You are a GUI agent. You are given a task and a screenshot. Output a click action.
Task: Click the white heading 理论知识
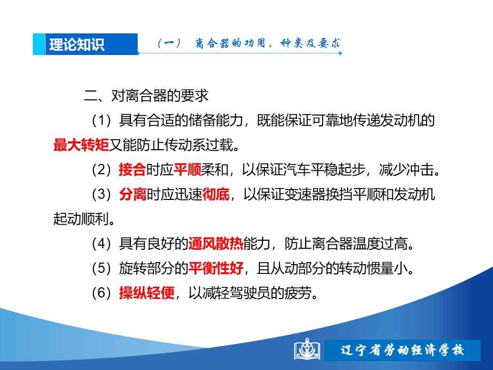coord(77,44)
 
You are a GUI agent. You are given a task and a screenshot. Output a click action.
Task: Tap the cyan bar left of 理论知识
coord(39,44)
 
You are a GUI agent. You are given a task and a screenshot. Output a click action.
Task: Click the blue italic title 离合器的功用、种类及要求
coord(267,43)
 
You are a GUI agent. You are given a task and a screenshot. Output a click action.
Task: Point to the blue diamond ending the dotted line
coord(340,53)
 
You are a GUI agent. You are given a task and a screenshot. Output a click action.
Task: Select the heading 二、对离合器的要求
coord(146,96)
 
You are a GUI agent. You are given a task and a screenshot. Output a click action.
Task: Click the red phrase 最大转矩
coord(81,145)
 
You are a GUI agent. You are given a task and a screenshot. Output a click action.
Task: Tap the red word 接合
coord(132,170)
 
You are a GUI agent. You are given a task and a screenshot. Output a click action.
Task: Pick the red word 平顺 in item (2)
coord(187,170)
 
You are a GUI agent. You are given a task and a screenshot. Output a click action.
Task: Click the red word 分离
coord(132,194)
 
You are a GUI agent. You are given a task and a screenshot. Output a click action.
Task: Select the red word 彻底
coord(216,194)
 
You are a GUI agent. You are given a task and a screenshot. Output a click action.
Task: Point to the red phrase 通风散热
coord(216,244)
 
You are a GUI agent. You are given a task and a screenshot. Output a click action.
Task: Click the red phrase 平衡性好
coord(216,268)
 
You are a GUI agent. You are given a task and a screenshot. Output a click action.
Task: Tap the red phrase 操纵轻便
coord(147,293)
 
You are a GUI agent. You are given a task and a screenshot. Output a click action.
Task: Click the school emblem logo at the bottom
coord(307,349)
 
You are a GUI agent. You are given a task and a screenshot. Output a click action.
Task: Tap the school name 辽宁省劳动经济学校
coord(402,350)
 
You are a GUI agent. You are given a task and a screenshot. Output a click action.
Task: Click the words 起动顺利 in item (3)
coord(81,219)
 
